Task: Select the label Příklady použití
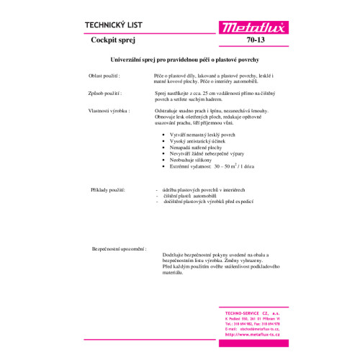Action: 108,189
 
